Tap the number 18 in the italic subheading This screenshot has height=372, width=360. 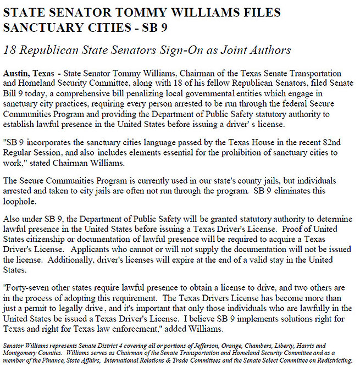(x=9, y=50)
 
